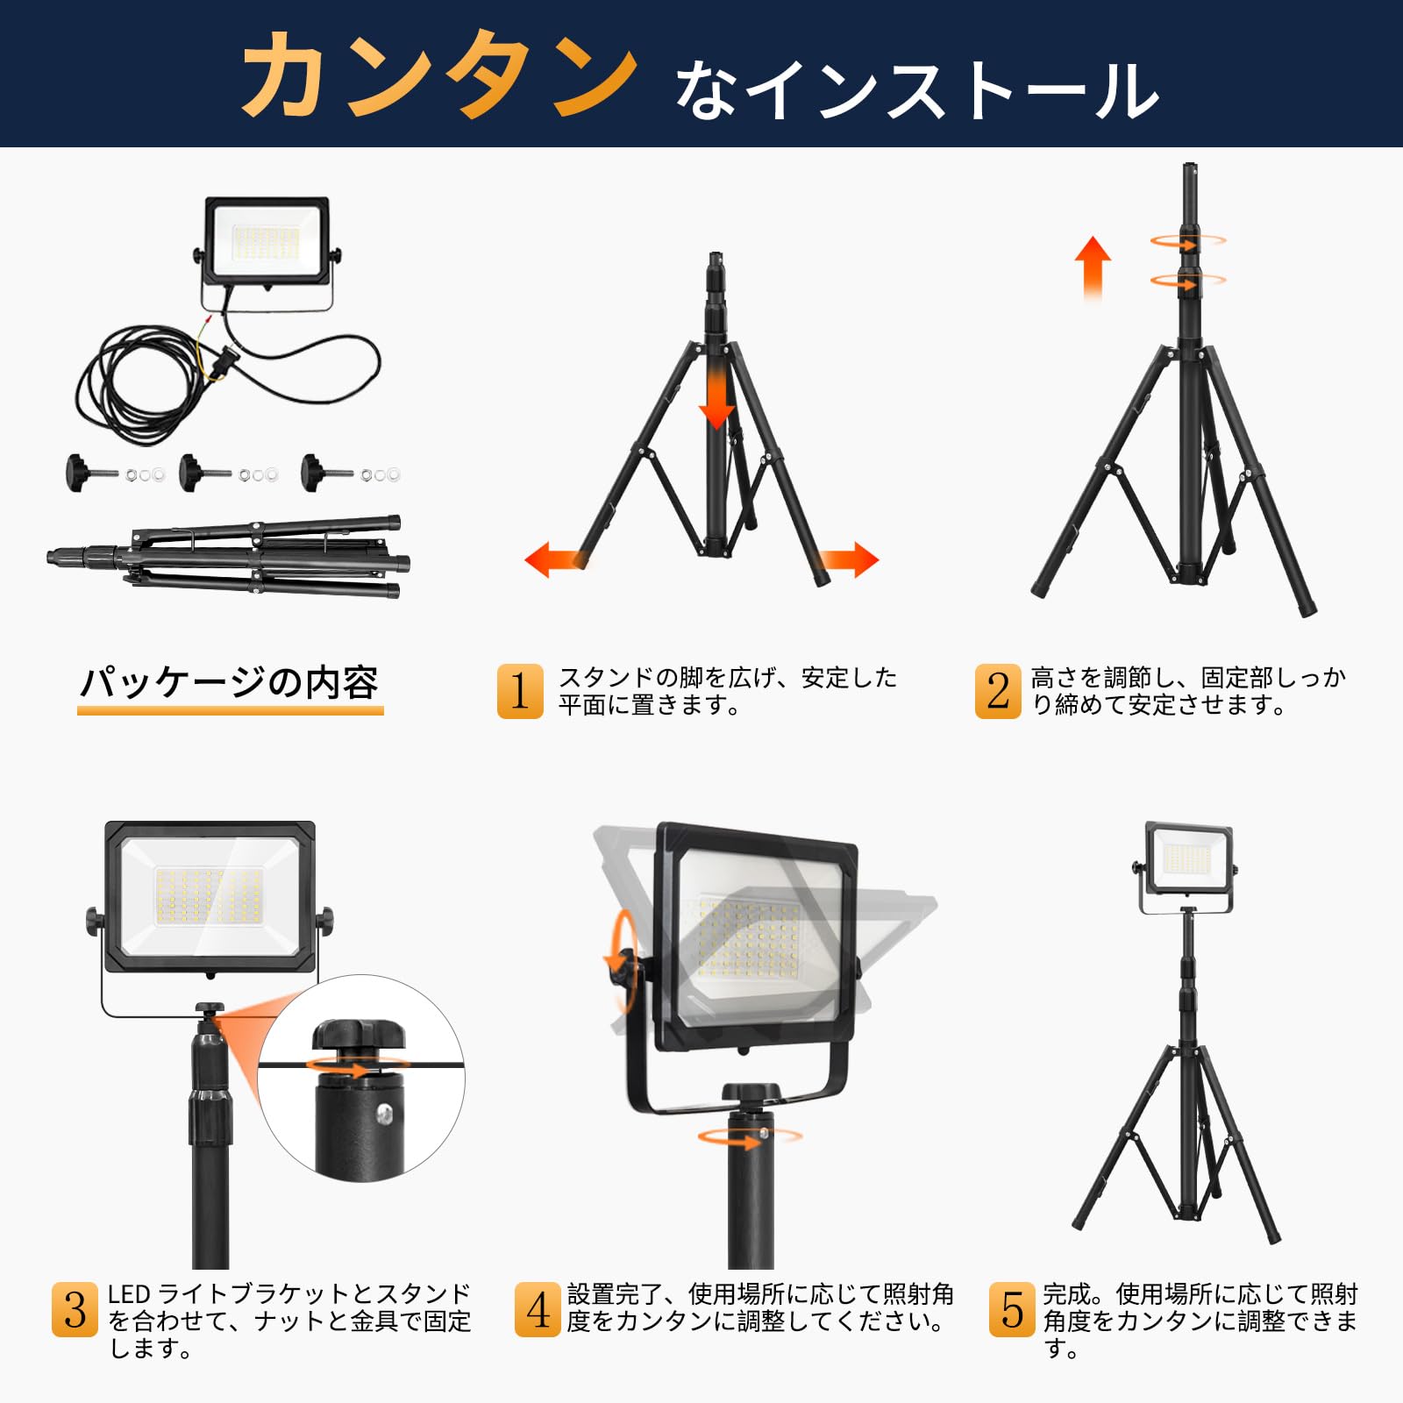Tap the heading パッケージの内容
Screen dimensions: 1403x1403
pos(230,682)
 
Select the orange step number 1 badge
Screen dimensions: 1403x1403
pos(520,691)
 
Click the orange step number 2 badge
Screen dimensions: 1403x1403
pos(998,691)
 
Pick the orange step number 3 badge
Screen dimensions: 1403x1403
pos(75,1310)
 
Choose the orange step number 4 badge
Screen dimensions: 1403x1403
pos(538,1310)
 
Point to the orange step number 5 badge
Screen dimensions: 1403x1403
pos(1012,1310)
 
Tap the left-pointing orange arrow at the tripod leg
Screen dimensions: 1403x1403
pos(556,559)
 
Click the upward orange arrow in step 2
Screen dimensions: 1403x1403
pos(1093,268)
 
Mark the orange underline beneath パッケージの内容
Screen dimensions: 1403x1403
pos(231,710)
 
